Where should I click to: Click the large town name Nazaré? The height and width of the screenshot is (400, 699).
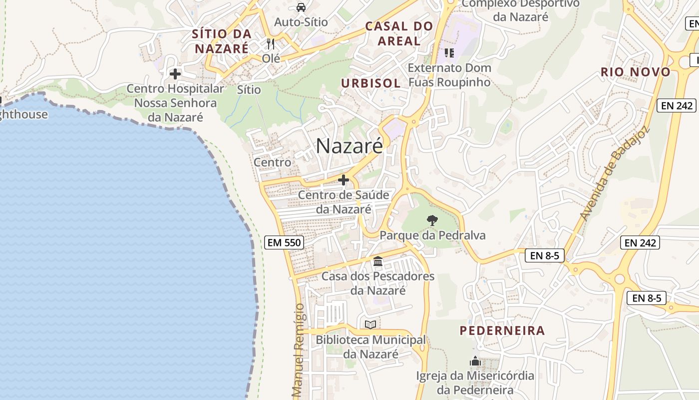[x=349, y=145]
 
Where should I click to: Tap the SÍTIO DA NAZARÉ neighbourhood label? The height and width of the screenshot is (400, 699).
[x=222, y=41]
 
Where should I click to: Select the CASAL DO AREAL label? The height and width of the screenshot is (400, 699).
[x=399, y=33]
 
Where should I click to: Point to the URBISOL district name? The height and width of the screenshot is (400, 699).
[x=371, y=83]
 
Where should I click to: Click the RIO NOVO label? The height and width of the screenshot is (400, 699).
[x=635, y=72]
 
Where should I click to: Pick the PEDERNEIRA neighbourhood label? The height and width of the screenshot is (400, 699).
[x=502, y=330]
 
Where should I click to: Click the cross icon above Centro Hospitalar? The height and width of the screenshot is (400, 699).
[x=175, y=74]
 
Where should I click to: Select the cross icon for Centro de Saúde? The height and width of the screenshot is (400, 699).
[x=344, y=180]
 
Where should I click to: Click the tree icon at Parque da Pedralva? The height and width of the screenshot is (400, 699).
[x=432, y=220]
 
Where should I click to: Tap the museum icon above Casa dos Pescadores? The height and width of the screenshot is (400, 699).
[x=378, y=261]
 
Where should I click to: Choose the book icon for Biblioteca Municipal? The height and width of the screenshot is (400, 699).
[x=370, y=325]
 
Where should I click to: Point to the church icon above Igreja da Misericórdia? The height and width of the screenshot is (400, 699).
[x=475, y=360]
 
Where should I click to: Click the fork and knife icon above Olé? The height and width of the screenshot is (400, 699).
[x=271, y=44]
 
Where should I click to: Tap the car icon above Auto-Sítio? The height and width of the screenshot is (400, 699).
[x=301, y=7]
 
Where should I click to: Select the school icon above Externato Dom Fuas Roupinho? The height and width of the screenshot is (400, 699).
[x=449, y=52]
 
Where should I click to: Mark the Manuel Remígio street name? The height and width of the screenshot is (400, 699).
[x=298, y=350]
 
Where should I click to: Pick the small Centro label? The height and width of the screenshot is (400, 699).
[x=272, y=162]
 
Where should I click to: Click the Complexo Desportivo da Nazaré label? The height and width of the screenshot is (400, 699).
[x=520, y=10]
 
